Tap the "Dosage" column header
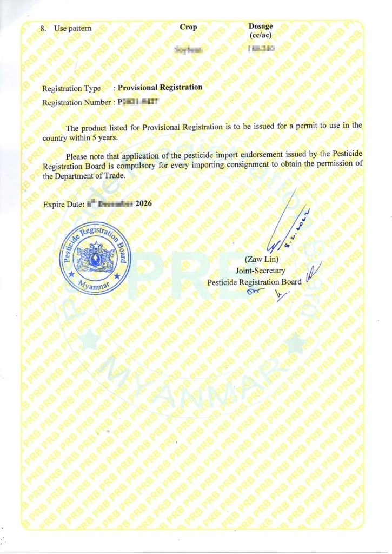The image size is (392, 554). click(x=261, y=27)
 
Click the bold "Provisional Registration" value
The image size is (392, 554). click(x=160, y=87)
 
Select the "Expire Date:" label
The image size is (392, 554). click(x=63, y=205)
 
